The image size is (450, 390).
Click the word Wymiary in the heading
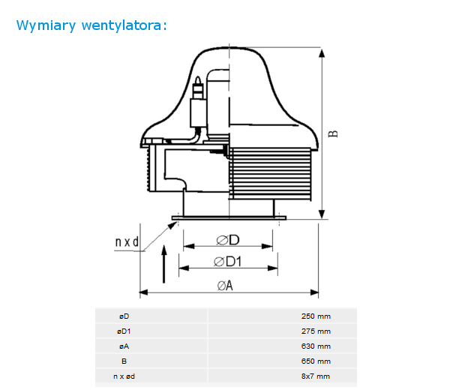pyautogui.click(x=46, y=25)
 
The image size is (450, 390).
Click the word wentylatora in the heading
pyautogui.click(x=121, y=25)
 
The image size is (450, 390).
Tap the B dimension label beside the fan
pyautogui.click(x=333, y=133)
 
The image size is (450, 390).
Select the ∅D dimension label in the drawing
pyautogui.click(x=227, y=240)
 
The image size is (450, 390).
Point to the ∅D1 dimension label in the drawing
pyautogui.click(x=227, y=262)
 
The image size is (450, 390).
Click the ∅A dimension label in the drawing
pyautogui.click(x=225, y=286)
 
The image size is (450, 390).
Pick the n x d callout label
pyautogui.click(x=127, y=242)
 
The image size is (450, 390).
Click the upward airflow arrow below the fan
pyautogui.click(x=163, y=264)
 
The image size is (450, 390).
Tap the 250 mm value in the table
pyautogui.click(x=316, y=316)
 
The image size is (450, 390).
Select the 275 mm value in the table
pyautogui.click(x=316, y=331)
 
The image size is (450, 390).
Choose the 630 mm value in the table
pyautogui.click(x=316, y=346)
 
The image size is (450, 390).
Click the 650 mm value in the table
pyautogui.click(x=316, y=361)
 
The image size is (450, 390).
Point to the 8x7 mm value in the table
pyautogui.click(x=316, y=376)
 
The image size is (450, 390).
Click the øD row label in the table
pyautogui.click(x=124, y=316)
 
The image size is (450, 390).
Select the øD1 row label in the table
pyautogui.click(x=124, y=331)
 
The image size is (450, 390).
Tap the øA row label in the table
pyautogui.click(x=124, y=346)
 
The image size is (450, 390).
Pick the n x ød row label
pyautogui.click(x=124, y=376)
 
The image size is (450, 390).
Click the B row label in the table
pyautogui.click(x=124, y=361)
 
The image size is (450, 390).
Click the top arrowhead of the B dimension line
pyautogui.click(x=322, y=52)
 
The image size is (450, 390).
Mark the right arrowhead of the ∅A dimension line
pyautogui.click(x=314, y=292)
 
